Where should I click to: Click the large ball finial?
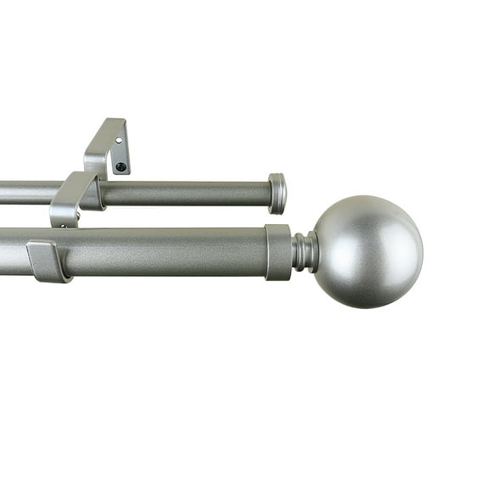click(367, 252)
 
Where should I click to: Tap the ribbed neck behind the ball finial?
click(305, 251)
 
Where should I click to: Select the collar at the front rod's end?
click(278, 252)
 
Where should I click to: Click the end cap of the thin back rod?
click(277, 193)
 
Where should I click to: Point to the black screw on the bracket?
click(121, 166)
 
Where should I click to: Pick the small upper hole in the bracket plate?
click(120, 140)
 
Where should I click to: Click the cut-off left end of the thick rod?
click(3, 251)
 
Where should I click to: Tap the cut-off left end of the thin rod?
click(3, 193)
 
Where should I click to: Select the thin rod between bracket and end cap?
click(187, 194)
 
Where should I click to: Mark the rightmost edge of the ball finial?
click(422, 252)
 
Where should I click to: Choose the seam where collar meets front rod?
click(266, 252)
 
